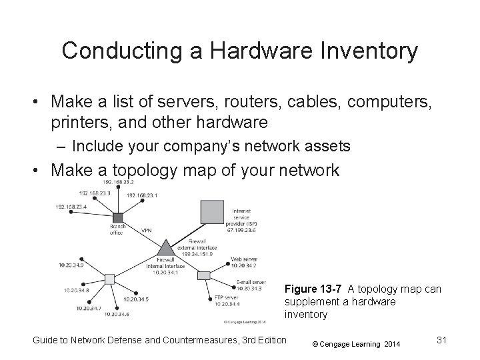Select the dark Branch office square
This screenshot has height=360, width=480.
(x=119, y=218)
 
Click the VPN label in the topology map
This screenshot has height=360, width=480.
(x=147, y=230)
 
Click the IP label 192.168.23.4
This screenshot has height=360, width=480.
(x=71, y=207)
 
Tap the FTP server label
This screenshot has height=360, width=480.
(x=227, y=297)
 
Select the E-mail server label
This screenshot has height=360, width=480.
(x=251, y=282)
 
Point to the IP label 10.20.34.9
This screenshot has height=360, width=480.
(x=70, y=266)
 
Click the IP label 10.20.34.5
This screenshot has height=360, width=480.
(x=134, y=299)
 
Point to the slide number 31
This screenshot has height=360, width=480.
(x=439, y=341)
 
